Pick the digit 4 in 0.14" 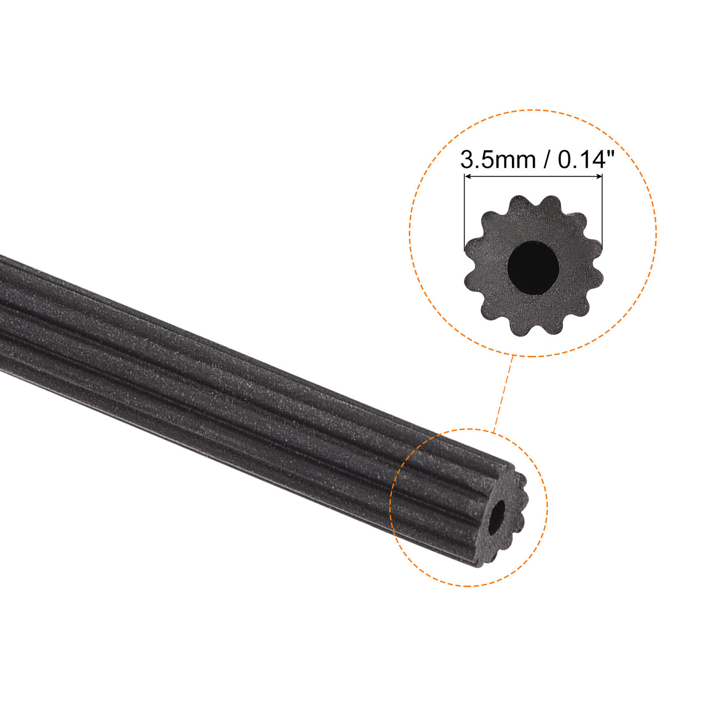(598, 160)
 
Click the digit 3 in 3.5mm (467, 160)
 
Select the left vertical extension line (464, 213)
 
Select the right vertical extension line (602, 213)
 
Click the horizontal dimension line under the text (533, 177)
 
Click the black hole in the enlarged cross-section (533, 267)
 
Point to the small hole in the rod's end (497, 518)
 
